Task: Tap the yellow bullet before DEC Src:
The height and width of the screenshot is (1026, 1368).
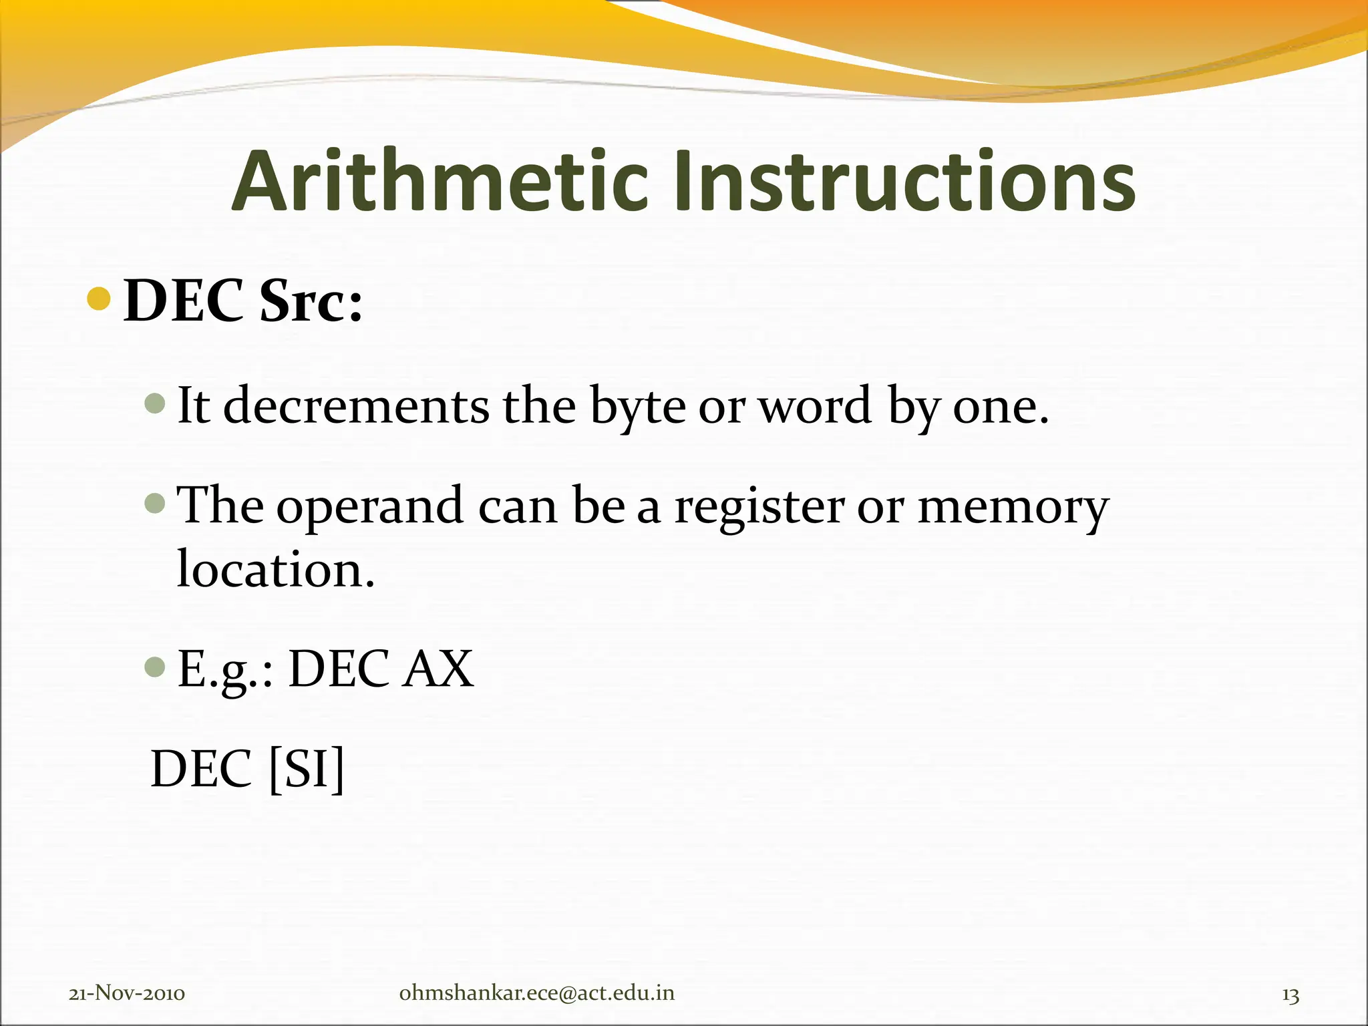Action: coord(99,299)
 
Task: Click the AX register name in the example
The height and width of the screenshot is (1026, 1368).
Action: coord(438,669)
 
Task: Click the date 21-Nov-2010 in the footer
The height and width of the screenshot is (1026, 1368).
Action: coord(127,993)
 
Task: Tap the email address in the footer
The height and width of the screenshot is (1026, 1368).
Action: coord(536,993)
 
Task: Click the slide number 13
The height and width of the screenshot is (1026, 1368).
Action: coord(1290,995)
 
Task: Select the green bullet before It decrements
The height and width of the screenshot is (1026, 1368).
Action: coord(154,403)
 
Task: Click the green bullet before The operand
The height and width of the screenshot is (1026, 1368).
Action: coord(154,503)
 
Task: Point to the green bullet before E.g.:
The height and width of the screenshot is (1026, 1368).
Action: coord(154,666)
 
